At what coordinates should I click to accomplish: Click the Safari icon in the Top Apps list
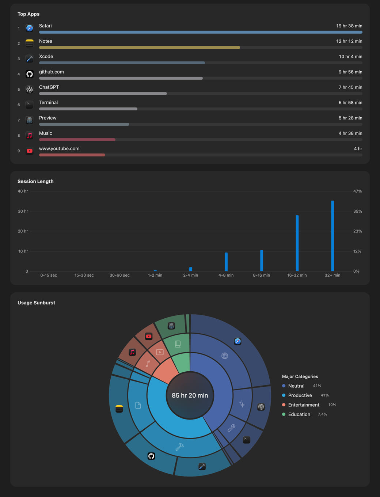point(30,28)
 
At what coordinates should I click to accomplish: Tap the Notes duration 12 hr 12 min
point(349,41)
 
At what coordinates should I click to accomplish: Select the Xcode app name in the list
point(46,56)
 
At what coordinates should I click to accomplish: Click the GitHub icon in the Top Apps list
point(30,74)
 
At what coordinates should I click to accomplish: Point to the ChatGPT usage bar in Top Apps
point(103,94)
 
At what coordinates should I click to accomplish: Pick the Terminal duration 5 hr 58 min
point(350,103)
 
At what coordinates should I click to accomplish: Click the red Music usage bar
point(77,140)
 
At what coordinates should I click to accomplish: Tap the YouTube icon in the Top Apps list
point(30,151)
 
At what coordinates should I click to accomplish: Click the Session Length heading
point(35,181)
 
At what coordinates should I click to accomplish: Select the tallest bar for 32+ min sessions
point(332,236)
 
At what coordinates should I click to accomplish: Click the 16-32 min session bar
point(297,243)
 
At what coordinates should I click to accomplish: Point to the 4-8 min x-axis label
point(226,275)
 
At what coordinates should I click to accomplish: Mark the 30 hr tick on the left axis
point(23,211)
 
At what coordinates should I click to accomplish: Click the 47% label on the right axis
point(357,191)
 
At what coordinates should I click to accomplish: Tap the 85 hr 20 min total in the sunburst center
point(190,395)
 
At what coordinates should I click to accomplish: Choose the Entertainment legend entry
point(304,405)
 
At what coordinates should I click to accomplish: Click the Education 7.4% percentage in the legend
point(322,414)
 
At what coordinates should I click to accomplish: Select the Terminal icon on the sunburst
point(247,440)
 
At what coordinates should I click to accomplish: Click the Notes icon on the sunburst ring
point(119,409)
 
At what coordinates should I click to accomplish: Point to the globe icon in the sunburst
point(224,356)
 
